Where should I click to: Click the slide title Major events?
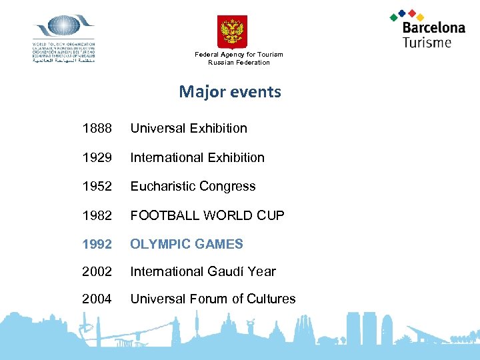click(230, 92)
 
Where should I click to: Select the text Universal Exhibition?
click(189, 129)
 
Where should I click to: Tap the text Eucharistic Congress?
click(193, 187)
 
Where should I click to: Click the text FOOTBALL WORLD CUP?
click(207, 215)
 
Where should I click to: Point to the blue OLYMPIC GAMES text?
click(187, 244)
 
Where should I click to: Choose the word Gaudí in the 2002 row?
click(229, 272)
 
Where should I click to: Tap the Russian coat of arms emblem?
click(232, 31)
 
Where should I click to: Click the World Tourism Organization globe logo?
click(64, 27)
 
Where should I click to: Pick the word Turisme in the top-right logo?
click(427, 42)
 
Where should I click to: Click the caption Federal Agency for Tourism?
click(239, 55)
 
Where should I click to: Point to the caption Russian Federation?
click(239, 63)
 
